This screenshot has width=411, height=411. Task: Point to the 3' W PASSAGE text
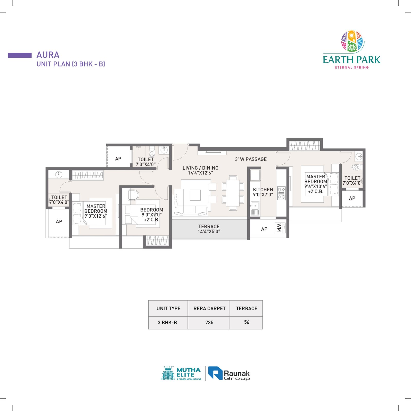point(251,159)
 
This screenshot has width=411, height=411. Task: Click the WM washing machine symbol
point(280,228)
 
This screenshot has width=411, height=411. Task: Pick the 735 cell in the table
point(209,323)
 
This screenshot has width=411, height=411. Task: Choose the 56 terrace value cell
point(247,322)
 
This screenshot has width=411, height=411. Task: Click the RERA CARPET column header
point(209,309)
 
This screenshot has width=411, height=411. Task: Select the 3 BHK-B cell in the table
point(167,323)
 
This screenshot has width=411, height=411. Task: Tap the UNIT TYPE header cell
point(168,309)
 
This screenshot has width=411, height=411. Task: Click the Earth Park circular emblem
point(353,41)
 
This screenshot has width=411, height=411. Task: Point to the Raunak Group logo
point(229,373)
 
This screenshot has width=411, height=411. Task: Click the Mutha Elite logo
point(181,373)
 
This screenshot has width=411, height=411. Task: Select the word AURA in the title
point(48,55)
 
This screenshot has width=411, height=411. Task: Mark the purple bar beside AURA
point(20,55)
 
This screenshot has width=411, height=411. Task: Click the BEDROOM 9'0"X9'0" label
point(152,215)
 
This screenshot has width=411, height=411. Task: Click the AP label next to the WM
point(264,229)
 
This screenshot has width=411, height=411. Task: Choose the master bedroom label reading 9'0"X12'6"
point(96,211)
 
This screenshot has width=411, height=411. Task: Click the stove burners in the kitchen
point(282,193)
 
